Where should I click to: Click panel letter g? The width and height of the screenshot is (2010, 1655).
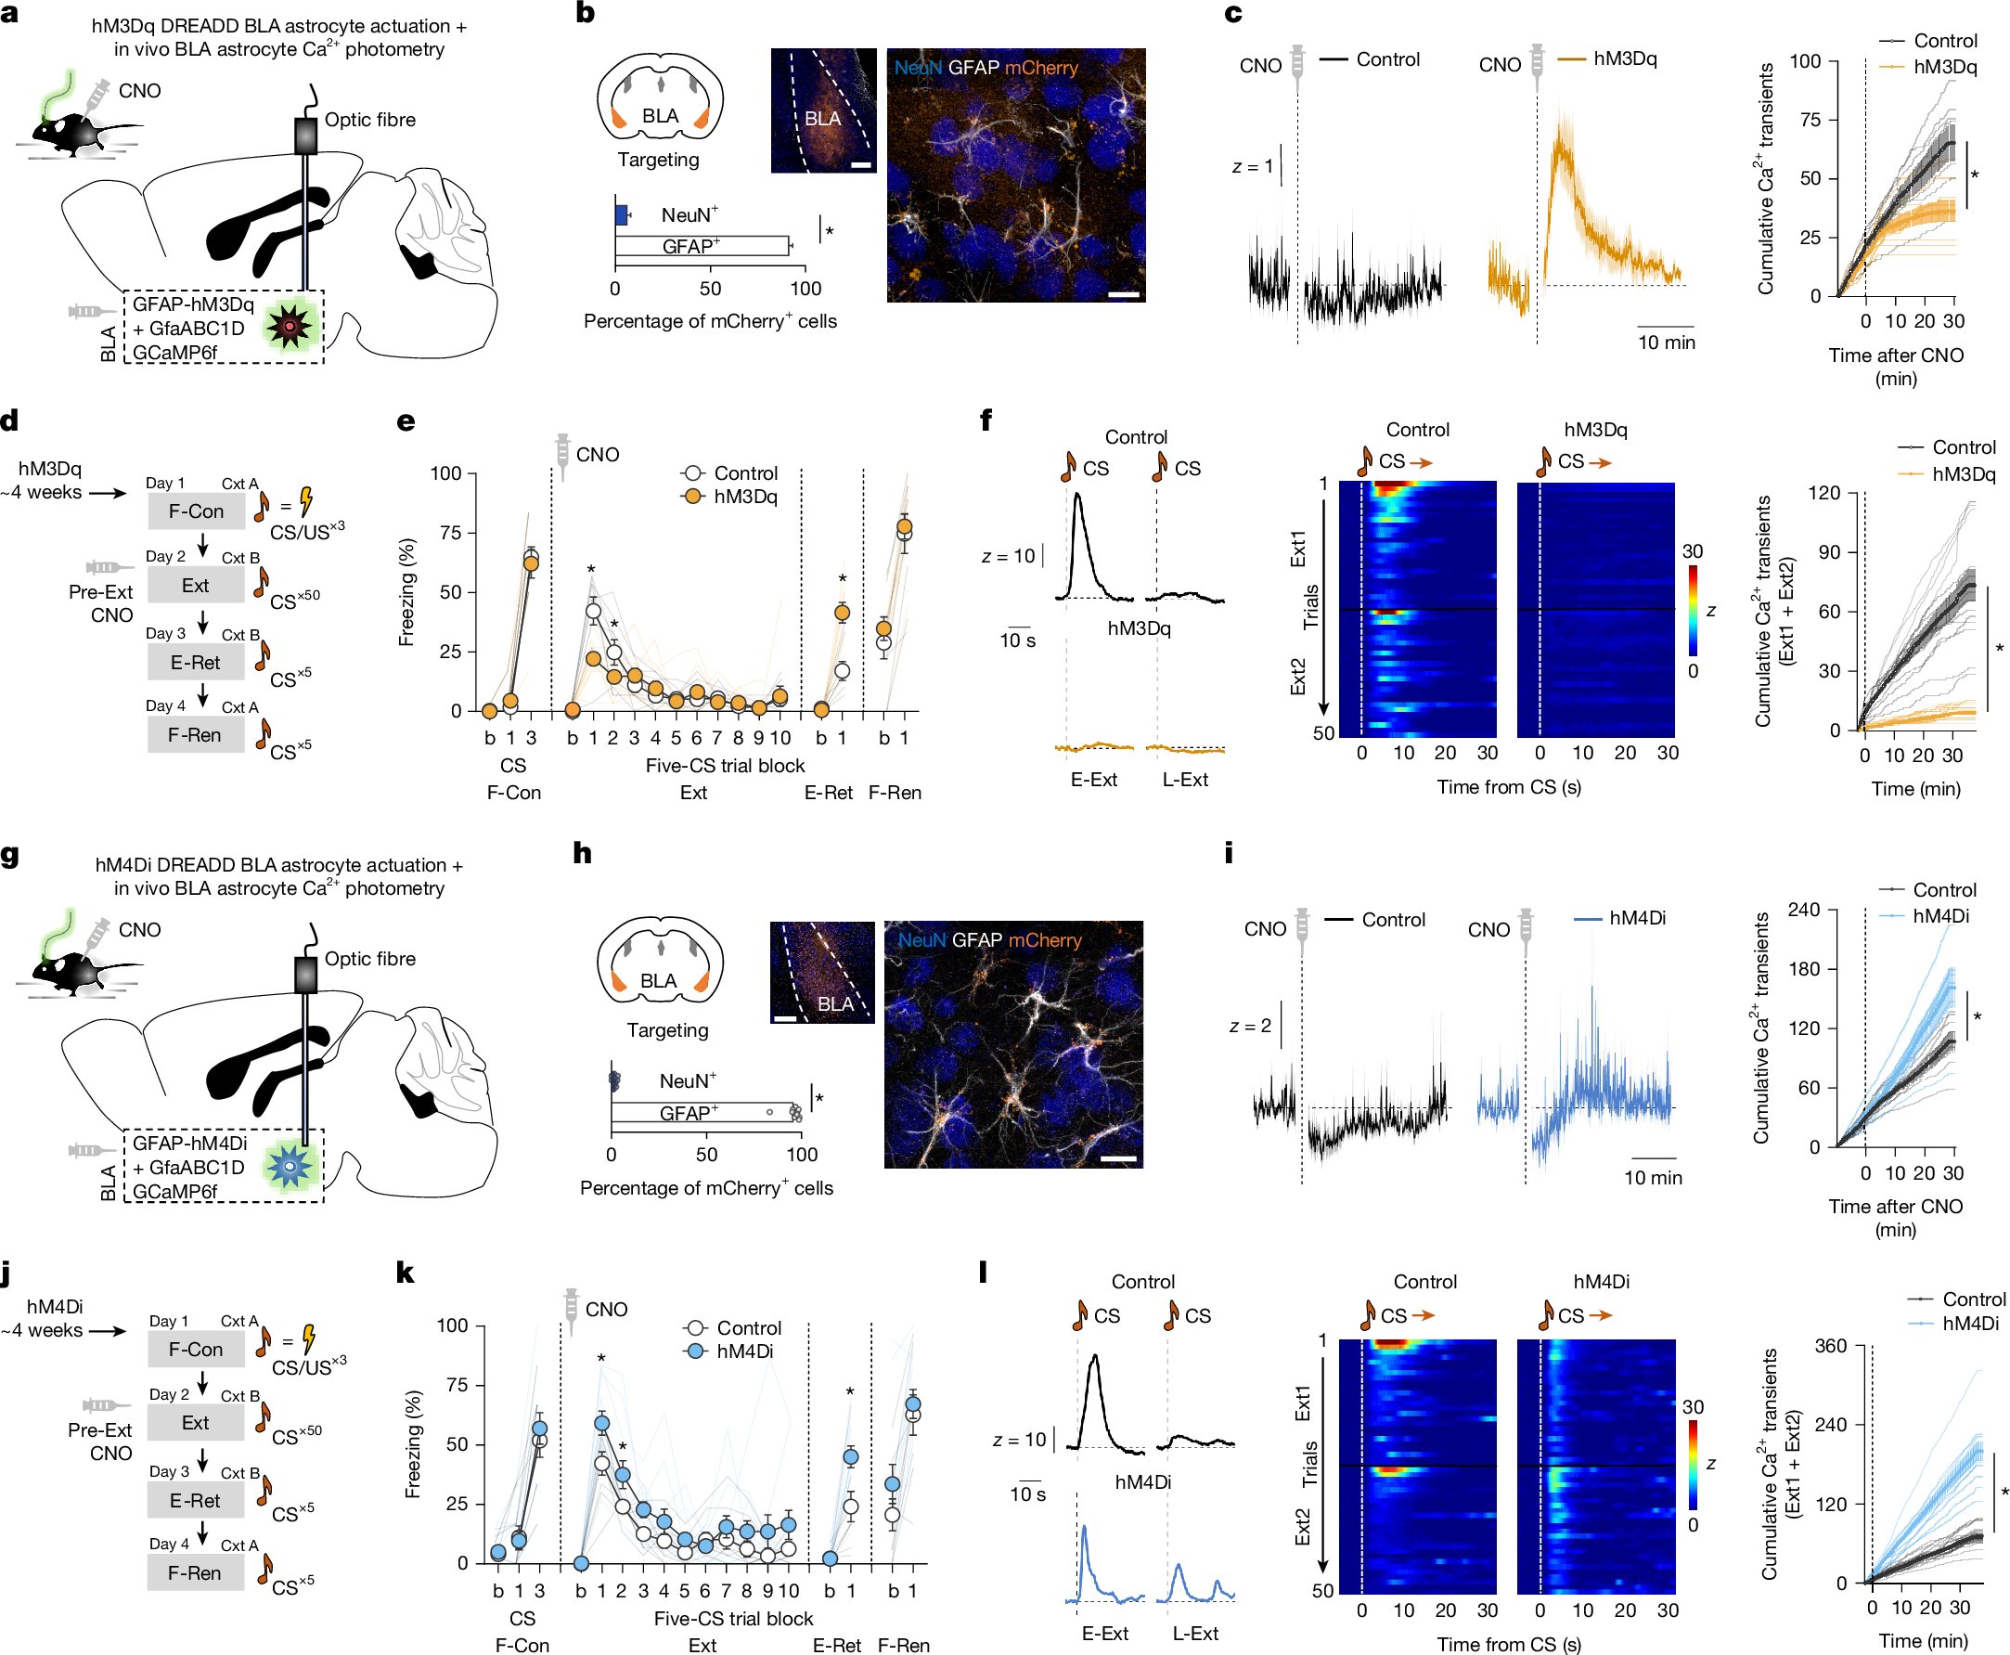(10, 855)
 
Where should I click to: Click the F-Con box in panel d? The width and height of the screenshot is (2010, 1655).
(196, 511)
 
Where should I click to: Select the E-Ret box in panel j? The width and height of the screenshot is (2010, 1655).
(195, 1501)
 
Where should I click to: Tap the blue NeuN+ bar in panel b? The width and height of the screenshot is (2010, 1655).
(621, 215)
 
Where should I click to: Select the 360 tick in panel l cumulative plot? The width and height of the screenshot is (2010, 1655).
(1830, 1346)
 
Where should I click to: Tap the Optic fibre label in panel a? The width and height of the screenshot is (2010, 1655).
(369, 120)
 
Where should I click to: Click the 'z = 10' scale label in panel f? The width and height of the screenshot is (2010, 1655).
(1008, 556)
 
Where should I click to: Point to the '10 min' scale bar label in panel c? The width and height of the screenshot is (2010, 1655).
(1666, 343)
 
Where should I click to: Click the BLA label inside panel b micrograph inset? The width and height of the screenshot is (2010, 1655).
(822, 119)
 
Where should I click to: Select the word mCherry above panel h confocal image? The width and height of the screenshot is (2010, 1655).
(1045, 940)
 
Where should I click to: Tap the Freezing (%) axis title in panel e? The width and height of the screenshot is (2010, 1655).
(407, 592)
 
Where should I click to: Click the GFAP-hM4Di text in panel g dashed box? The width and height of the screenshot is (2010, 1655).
(189, 1143)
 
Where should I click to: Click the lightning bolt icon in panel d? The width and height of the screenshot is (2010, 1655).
(306, 501)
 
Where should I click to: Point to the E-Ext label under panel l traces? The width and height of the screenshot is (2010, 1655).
(1103, 1633)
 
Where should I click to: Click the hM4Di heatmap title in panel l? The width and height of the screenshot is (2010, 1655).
(1600, 1282)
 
